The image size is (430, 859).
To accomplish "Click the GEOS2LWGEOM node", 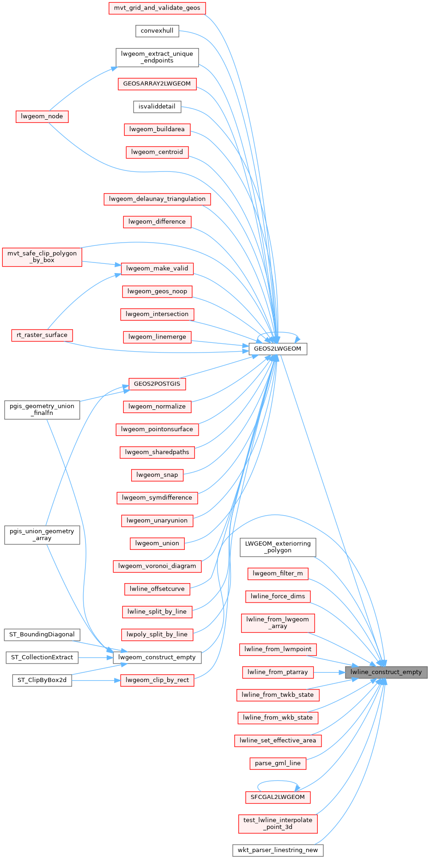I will pos(278,349).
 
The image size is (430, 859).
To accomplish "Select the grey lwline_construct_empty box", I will pos(386,672).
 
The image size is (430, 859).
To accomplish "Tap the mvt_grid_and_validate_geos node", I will pos(157,8).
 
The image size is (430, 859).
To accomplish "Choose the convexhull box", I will pos(157,31).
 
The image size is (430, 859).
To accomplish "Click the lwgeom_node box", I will pos(42,116).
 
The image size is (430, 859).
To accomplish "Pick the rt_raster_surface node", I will pos(42,335).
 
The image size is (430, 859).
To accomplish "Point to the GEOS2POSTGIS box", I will pos(157,384).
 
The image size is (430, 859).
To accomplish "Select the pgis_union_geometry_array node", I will pos(42,535).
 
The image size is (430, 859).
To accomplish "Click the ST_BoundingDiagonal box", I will pos(42,634).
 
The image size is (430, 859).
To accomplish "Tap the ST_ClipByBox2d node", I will pos(42,680).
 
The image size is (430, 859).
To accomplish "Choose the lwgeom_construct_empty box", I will pos(157,658).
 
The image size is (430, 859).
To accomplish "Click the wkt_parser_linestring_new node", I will pos(278,850).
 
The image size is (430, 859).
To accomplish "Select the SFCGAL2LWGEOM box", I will pos(278,797).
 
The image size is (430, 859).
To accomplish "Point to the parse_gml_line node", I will pos(278,763).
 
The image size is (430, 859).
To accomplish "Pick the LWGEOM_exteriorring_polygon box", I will pos(278,547).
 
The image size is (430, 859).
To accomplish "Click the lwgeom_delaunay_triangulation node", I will pos(157,199).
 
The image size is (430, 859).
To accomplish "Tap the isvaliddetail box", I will pos(157,107).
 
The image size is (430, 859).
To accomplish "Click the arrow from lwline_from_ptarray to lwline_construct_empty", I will pos(329,672).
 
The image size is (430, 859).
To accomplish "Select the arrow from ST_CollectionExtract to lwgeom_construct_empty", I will pos(95,658).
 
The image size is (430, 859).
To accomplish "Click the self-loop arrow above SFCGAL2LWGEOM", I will pos(278,781).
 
